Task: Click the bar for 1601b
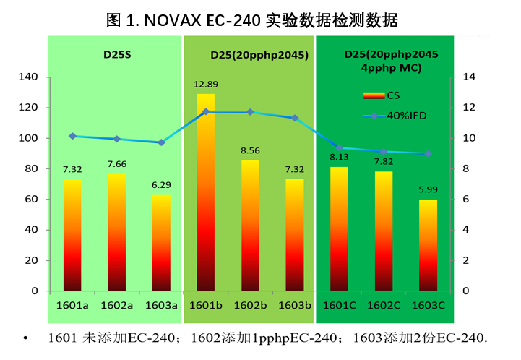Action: [206, 192]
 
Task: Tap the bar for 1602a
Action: [117, 232]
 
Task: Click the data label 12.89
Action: [205, 85]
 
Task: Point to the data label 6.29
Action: [161, 185]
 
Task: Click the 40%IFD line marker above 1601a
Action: [72, 136]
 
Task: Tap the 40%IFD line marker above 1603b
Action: [295, 117]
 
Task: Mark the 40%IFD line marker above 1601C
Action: [340, 147]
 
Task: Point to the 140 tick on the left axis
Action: [31, 77]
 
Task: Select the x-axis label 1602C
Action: [384, 305]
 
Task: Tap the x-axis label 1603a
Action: [161, 305]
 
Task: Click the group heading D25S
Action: [116, 54]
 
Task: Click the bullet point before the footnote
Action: [26, 339]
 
